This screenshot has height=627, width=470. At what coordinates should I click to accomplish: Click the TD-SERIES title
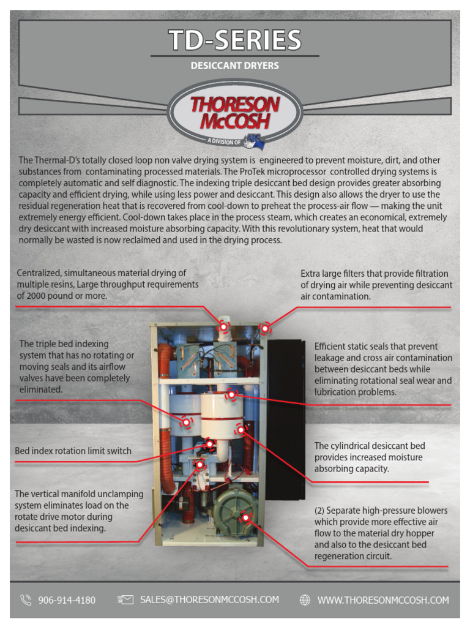coord(235,40)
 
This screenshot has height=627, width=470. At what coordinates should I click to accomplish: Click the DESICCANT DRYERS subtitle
coord(235,66)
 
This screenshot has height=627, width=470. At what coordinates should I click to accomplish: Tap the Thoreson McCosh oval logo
coord(235,114)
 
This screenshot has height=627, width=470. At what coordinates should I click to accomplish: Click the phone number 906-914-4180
coord(67,600)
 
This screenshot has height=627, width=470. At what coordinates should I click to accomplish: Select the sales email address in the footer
coord(209,599)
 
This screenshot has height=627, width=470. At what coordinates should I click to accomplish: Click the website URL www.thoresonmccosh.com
coord(383,600)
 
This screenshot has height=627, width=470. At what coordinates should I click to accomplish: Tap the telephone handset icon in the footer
coord(26,600)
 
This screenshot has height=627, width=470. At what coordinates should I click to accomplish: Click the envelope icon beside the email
coord(125,600)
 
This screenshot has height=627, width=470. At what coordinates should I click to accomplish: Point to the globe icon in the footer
coord(305,600)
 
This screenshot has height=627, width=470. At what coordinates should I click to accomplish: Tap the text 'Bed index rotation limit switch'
coord(73,451)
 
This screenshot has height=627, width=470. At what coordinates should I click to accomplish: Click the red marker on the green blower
coord(246,517)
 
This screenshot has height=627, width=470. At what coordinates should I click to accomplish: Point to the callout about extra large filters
coord(376,285)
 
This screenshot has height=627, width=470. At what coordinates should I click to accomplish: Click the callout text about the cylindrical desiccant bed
coord(370,457)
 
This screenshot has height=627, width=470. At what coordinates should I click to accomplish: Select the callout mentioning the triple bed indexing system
coord(76,367)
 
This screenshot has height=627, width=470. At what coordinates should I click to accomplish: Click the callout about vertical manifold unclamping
coord(79,511)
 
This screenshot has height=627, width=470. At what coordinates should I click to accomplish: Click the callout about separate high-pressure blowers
coord(381,533)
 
